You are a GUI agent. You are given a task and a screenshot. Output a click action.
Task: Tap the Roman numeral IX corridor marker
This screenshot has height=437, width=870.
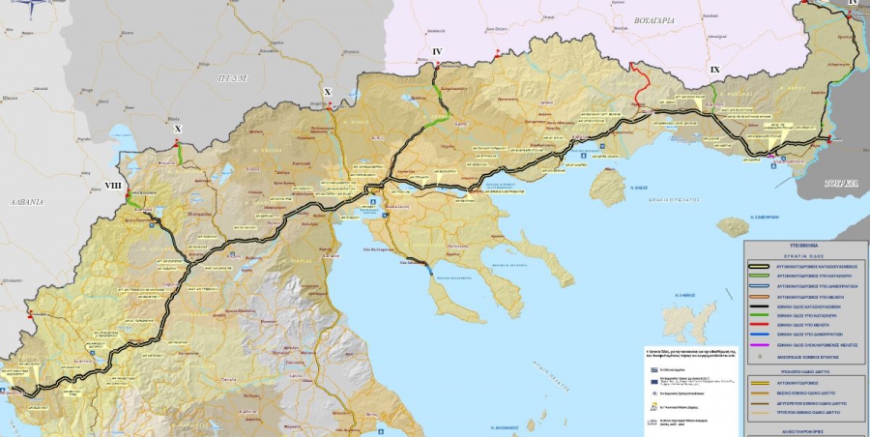click(714, 70)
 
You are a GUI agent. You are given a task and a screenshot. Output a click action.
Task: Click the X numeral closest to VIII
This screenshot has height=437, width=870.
click(177, 128)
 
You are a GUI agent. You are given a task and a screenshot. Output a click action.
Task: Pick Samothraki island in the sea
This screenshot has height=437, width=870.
click(734, 226)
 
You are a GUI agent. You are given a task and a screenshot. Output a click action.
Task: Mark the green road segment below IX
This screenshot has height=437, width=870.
click(714, 93)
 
